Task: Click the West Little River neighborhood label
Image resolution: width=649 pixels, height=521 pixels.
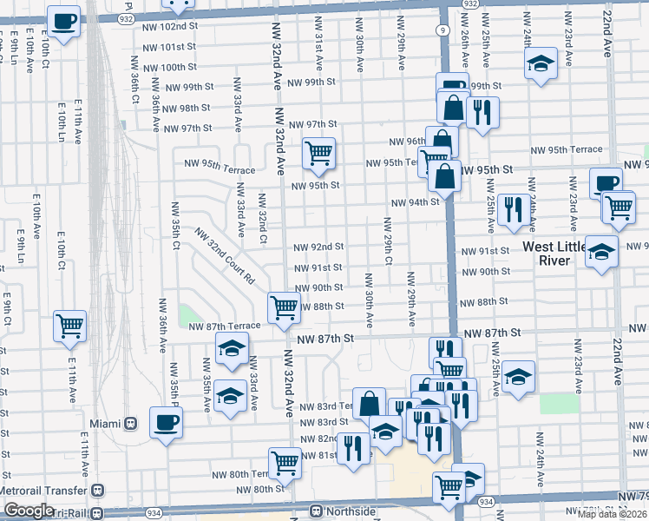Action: pos(559,254)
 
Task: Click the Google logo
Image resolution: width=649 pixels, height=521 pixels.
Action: pos(29,511)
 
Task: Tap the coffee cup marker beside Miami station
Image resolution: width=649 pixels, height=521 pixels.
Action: pos(166,422)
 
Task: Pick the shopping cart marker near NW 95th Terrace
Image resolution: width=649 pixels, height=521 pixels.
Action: pos(318,154)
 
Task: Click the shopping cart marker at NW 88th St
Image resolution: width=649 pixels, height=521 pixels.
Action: pos(284,307)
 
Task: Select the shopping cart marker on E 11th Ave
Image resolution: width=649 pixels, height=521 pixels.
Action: pos(69,326)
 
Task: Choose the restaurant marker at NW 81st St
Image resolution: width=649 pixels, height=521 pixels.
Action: pos(353,448)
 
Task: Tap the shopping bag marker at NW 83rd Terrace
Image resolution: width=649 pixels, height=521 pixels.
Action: pos(369,403)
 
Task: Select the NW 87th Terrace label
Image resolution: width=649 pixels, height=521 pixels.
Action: pos(225,326)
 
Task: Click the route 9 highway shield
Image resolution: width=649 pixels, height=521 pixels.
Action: pos(443,30)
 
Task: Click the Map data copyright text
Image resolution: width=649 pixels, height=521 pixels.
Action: pos(613,514)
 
